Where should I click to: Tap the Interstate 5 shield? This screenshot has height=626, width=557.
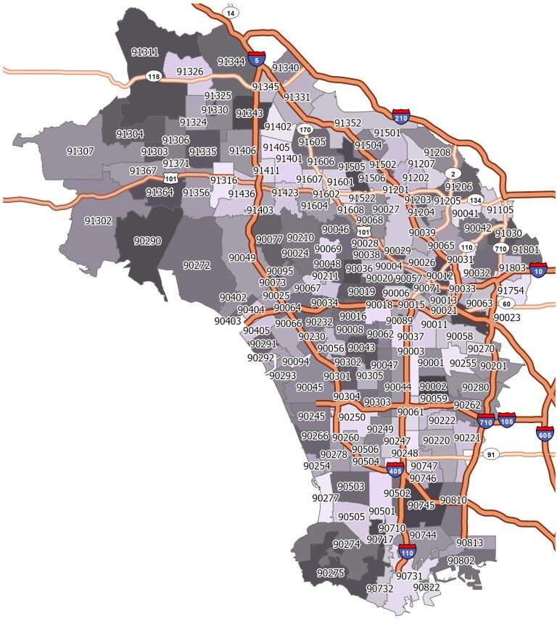coord(255,58)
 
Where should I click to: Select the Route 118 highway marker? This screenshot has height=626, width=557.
coord(154,76)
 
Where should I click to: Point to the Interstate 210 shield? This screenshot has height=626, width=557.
coord(401,116)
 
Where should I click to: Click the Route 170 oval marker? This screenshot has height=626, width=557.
coord(305,130)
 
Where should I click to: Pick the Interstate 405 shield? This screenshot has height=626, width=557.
coord(395,470)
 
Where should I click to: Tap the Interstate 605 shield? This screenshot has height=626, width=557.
coord(545,433)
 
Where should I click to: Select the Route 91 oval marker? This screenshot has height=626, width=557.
coord(491,454)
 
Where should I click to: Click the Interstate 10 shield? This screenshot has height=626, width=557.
coord(538,270)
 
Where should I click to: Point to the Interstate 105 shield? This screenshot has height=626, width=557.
coord(507,420)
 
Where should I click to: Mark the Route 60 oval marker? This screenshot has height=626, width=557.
coord(506,303)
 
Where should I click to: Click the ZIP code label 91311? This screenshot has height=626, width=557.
coord(144,52)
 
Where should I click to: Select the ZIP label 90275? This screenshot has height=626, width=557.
coord(330,573)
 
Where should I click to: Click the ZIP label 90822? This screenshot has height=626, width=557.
coord(426,587)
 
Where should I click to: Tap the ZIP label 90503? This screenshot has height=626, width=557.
coord(351,485)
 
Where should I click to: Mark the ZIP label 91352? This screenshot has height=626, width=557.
coord(347,122)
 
